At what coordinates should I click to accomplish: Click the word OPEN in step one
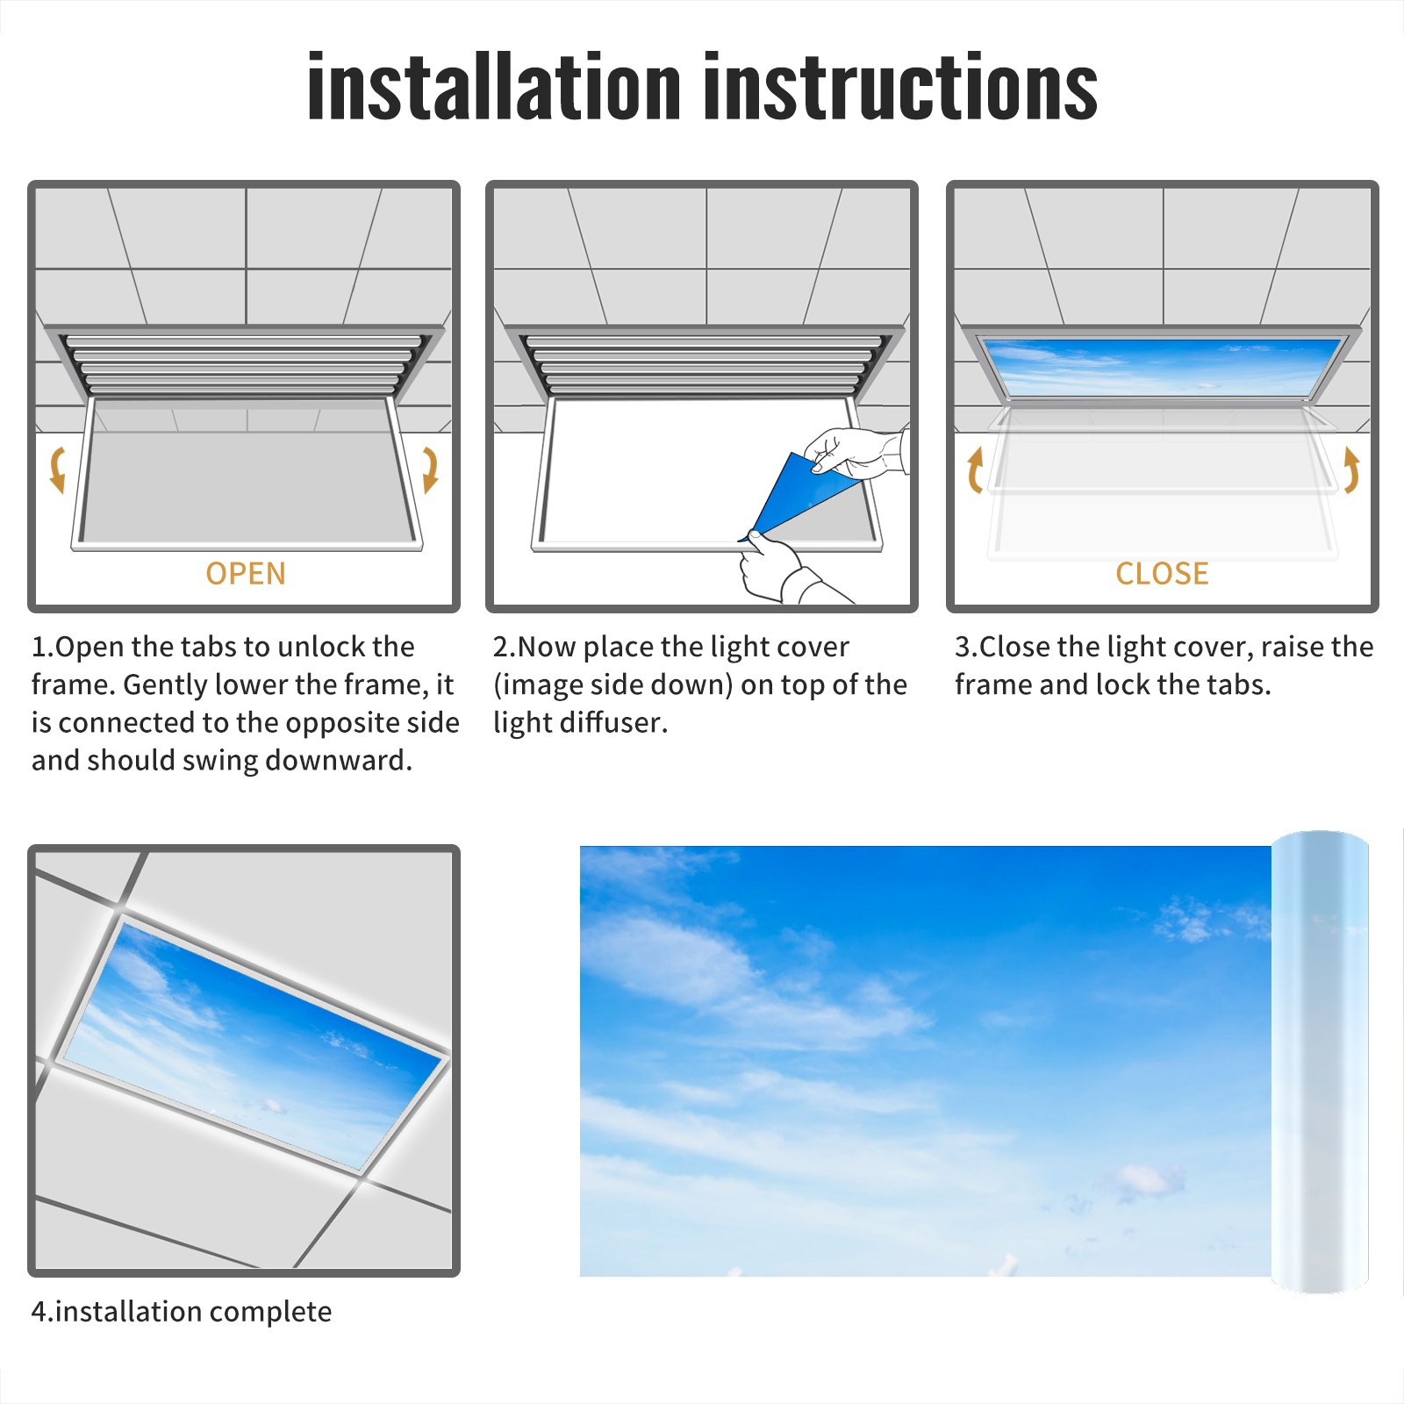[246, 573]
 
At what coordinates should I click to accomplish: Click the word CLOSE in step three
[1162, 573]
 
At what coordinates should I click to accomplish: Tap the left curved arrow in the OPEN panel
[58, 469]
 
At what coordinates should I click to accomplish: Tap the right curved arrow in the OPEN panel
[430, 469]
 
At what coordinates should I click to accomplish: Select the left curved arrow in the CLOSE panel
[973, 469]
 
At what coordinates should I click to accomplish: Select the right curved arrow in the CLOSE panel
[1351, 469]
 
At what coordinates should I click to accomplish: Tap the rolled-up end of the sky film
[1320, 1062]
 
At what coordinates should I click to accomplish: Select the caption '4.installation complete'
[182, 1311]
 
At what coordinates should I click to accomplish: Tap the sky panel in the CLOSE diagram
[1162, 366]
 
